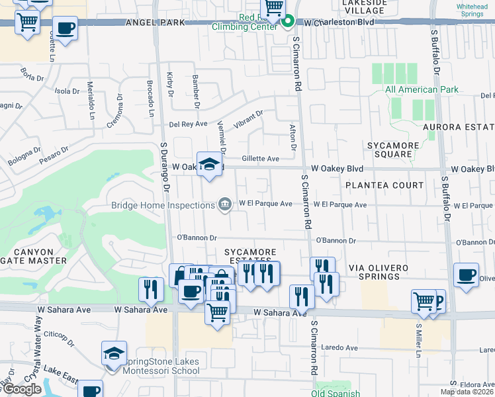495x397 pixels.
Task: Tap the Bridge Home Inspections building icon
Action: pos(225,203)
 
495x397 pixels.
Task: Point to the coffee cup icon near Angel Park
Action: pos(65,29)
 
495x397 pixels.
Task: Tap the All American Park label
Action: pos(421,89)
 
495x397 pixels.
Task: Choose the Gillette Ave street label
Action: pos(260,159)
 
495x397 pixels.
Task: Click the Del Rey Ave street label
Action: pos(188,124)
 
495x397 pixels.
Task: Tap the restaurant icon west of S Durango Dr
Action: pos(152,289)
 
